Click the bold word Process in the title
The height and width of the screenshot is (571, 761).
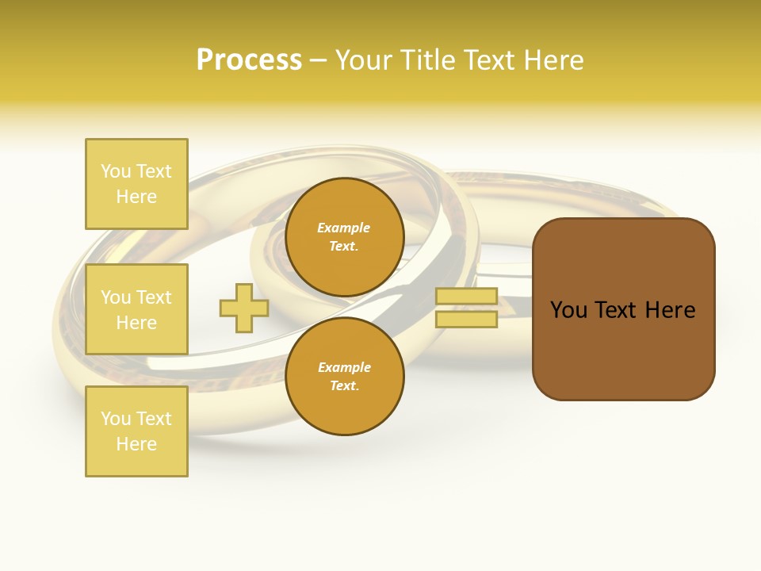(249, 60)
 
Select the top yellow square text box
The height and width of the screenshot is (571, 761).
(136, 184)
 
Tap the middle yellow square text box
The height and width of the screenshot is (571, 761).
(136, 309)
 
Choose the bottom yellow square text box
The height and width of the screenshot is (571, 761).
(136, 431)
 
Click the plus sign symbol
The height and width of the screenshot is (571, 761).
(244, 308)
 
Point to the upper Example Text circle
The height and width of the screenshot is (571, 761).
(344, 236)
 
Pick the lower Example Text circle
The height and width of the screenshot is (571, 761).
(344, 376)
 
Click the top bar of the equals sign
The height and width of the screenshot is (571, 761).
(466, 296)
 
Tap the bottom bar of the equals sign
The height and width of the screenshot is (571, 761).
(466, 320)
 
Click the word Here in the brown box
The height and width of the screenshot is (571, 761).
(670, 310)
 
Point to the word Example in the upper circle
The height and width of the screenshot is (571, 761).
(344, 228)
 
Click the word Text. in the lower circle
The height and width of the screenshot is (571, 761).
(344, 386)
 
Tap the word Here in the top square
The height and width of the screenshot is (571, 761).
(136, 197)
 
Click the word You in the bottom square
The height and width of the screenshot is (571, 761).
(116, 419)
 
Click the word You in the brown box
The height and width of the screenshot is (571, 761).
(569, 310)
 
